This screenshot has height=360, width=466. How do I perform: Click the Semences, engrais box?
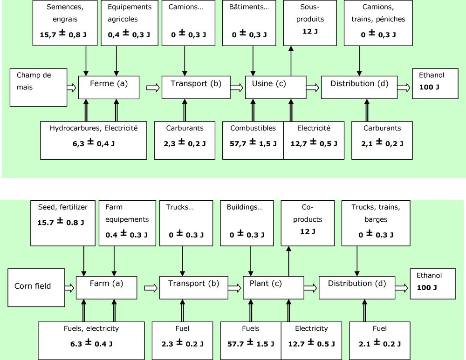pos(59,22)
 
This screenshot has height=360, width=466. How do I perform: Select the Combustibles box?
pos(253,140)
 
